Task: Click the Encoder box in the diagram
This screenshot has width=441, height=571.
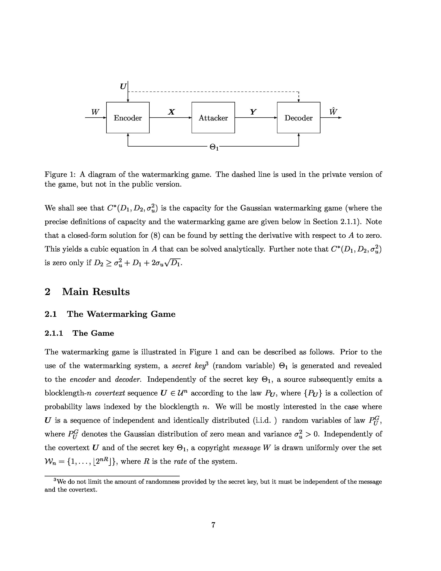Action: pos(128,118)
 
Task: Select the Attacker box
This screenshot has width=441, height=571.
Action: pos(213,118)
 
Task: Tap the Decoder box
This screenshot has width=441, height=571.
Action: pos(299,118)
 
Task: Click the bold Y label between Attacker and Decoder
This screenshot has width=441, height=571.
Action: pos(253,112)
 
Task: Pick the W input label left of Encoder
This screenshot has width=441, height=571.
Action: pos(95,112)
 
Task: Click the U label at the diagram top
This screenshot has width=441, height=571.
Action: pos(123,86)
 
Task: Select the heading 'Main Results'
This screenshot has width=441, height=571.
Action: pos(96,292)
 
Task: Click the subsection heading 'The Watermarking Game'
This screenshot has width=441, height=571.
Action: pos(121,314)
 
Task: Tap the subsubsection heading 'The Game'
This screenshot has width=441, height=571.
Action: pos(93,333)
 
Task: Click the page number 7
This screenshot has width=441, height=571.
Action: pos(213,525)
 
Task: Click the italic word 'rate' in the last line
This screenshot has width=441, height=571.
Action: pos(180,461)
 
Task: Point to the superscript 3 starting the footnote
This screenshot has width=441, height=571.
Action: pos(55,480)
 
